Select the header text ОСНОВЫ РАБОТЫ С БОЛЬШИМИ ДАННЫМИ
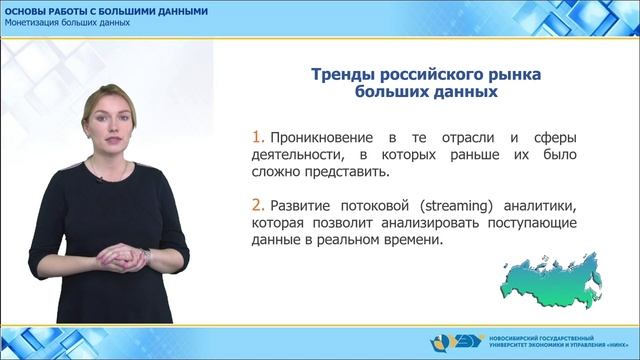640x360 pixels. (107, 10)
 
